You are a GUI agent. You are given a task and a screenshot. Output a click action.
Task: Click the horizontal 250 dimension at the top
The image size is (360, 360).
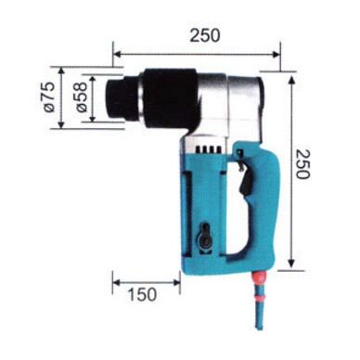click(x=205, y=35)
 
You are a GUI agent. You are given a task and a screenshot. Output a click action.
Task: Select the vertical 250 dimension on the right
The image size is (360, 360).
click(x=302, y=164)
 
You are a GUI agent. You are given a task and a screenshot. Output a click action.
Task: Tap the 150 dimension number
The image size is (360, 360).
click(x=143, y=294)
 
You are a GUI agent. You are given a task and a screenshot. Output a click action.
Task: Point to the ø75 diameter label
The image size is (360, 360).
click(x=49, y=97)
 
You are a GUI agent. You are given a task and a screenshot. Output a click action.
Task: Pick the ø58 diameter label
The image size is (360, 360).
click(x=81, y=97)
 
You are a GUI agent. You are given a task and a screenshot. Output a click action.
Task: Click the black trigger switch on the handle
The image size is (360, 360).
click(x=245, y=183)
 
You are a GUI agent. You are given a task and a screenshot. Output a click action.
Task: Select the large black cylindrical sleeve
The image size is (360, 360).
click(x=169, y=97)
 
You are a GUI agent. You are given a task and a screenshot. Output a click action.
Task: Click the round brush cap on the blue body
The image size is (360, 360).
click(x=204, y=237)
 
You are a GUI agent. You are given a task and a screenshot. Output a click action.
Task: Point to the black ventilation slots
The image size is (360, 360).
click(x=209, y=149)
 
